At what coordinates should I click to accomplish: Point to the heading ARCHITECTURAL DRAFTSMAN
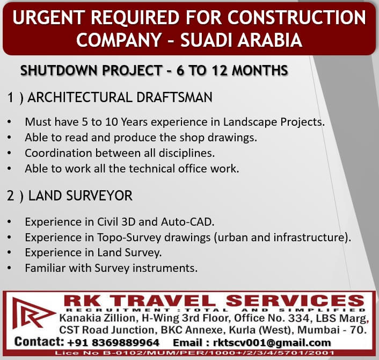[x=120, y=97]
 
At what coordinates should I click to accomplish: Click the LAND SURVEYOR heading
[x=81, y=196]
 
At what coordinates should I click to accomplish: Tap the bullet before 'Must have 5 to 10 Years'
[x=9, y=121]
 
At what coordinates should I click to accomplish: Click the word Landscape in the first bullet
[x=250, y=122]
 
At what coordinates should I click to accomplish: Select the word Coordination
[x=59, y=153]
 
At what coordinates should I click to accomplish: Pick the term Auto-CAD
[x=187, y=222]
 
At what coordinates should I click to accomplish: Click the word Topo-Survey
[x=129, y=237]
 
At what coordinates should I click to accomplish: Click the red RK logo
[x=33, y=313]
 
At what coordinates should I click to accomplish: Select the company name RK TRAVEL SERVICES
[x=214, y=301]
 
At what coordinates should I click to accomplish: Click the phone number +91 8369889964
[x=113, y=343]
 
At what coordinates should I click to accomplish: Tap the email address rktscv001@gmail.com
[x=272, y=343]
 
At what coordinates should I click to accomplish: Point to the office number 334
[x=299, y=318]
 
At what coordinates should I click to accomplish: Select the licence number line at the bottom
[x=194, y=352]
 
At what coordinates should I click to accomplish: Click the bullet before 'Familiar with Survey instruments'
[x=9, y=268]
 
